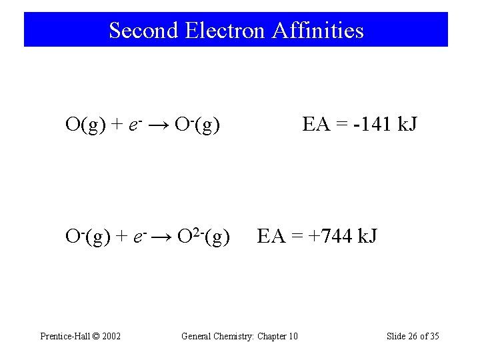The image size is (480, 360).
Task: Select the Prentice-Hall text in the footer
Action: click(63, 336)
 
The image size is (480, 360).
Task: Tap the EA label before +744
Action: click(269, 236)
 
